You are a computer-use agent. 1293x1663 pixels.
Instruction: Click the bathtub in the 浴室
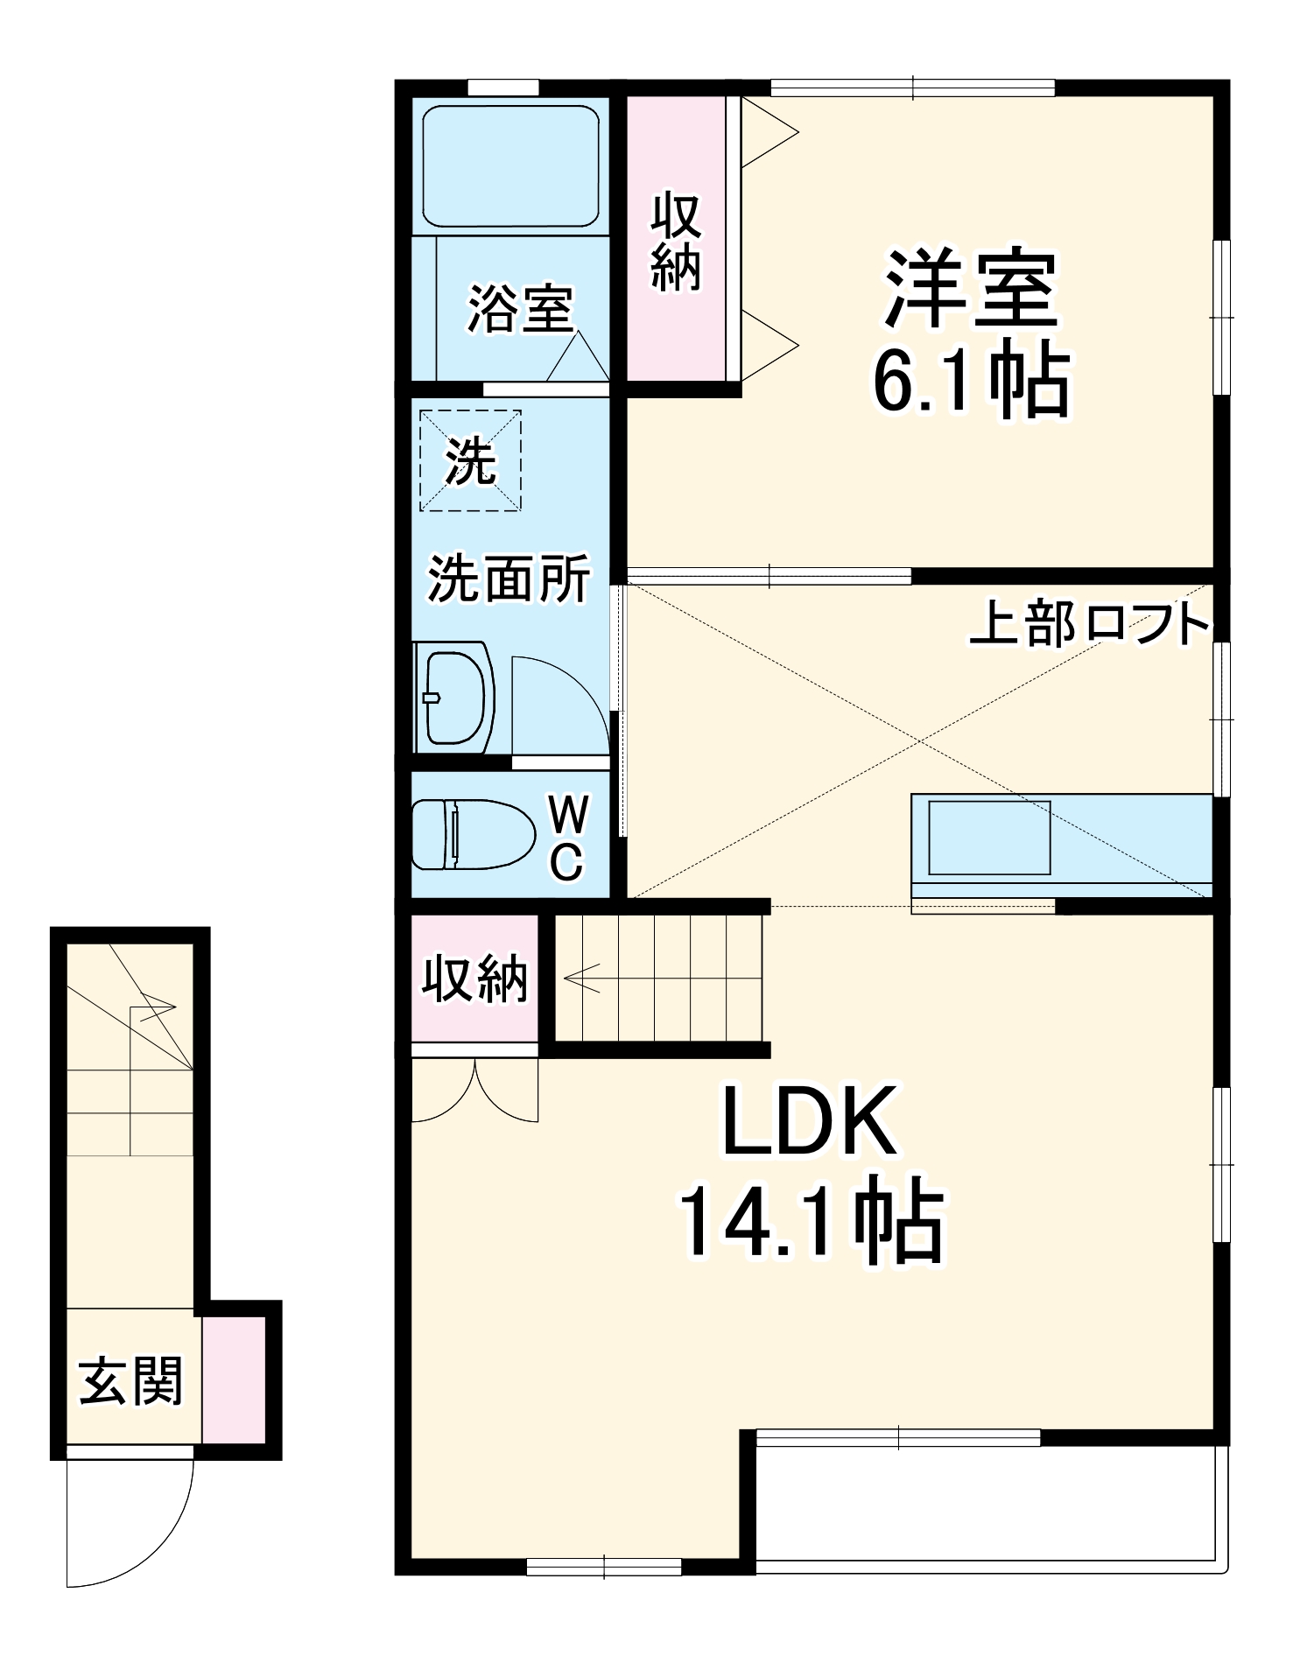tap(510, 166)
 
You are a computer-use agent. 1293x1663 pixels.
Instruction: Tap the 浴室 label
tap(519, 308)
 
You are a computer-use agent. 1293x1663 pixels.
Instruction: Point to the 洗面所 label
tap(509, 579)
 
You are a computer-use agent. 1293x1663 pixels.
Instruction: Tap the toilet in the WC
tap(473, 834)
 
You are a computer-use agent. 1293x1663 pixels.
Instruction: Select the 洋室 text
tap(971, 288)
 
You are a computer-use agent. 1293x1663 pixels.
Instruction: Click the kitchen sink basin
tap(989, 838)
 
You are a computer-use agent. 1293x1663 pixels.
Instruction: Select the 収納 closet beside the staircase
tap(475, 979)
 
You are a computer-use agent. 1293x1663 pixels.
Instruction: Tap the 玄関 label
tap(131, 1382)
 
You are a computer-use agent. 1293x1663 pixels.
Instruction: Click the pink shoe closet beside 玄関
tap(234, 1379)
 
